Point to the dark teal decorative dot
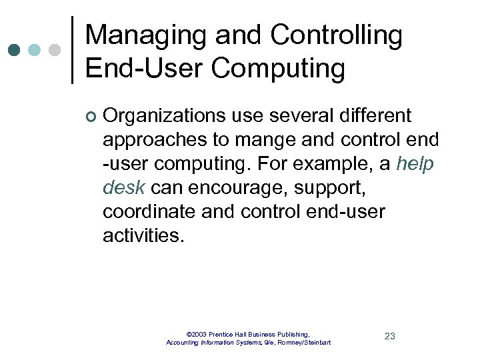point(16,50)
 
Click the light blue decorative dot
point(35,50)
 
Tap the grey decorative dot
point(55,50)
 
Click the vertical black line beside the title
point(72,51)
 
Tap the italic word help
point(415,164)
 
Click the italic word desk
point(124,188)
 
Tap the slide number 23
point(390,336)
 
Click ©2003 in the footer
point(197,333)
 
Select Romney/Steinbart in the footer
point(303,343)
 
